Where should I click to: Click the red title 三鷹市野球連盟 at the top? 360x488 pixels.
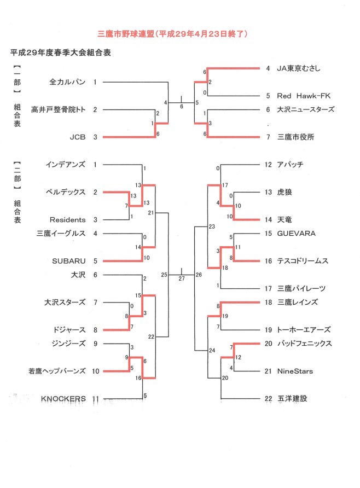coord(126,34)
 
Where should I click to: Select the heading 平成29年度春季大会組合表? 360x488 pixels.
coord(61,53)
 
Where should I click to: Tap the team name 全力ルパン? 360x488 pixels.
coord(67,82)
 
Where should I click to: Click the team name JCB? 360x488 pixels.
coord(78,137)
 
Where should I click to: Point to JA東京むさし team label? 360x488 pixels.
coord(298,68)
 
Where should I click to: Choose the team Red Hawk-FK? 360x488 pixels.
coord(304,96)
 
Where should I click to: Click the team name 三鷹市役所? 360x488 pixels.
coord(295,137)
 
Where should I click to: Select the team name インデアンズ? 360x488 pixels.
coord(65,165)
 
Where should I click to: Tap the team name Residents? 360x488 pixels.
coord(67,220)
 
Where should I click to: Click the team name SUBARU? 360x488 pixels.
coord(69,261)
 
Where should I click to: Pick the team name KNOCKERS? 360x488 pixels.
coord(63,399)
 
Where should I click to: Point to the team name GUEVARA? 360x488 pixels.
coord(296,234)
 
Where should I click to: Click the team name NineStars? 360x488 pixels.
coord(295,371)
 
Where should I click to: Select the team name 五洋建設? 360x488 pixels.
coord(292,399)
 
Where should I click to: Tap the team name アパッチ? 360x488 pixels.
coord(290,165)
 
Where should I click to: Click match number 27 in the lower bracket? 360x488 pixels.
coord(182,279)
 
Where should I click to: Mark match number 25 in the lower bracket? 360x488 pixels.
coord(164,275)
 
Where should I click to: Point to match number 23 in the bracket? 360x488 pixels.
coord(212,226)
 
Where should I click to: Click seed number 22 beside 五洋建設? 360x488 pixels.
coord(268,399)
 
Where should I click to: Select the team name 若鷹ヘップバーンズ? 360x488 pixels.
coord(57,371)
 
